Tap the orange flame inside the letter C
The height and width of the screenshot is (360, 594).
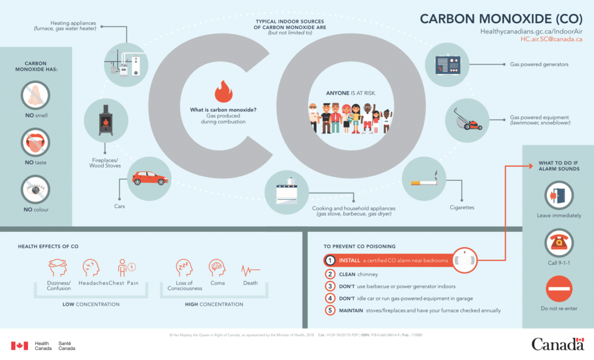(x=223, y=92)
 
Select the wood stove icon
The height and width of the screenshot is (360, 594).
(x=106, y=120)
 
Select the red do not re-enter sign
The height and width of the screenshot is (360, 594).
(x=559, y=289)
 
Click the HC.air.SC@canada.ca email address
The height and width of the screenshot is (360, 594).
(x=551, y=39)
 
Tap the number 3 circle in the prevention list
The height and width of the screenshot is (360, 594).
(x=330, y=286)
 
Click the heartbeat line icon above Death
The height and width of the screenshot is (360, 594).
(x=250, y=270)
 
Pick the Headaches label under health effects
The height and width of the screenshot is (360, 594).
(x=93, y=283)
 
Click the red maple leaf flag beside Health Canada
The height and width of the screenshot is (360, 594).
(x=19, y=346)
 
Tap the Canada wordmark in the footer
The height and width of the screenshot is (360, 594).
(x=557, y=344)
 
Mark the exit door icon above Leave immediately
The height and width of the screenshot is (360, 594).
(x=559, y=195)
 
